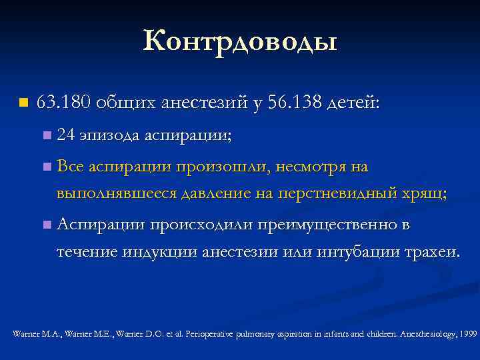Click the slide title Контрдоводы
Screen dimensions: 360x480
[x=240, y=42]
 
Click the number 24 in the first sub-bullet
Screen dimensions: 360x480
[x=65, y=135]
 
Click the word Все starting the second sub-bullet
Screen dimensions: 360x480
[x=70, y=166]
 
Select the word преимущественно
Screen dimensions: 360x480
[x=331, y=225]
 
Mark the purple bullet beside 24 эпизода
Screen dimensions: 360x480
[x=45, y=136]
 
